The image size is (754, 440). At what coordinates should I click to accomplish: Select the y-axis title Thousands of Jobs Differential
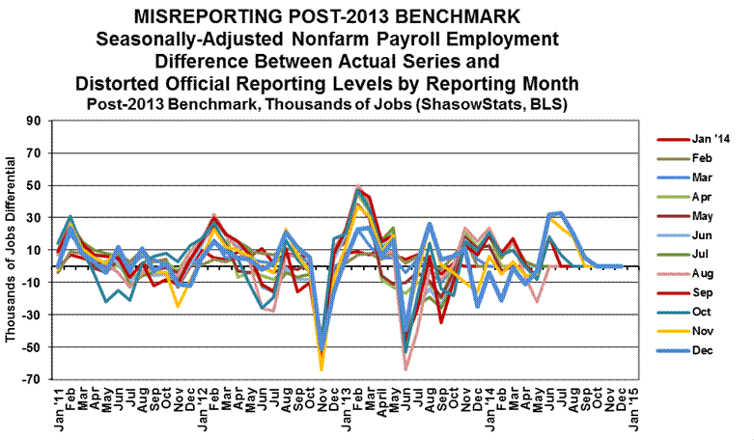tap(11, 250)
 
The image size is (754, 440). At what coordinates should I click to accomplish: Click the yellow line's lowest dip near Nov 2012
tap(321, 369)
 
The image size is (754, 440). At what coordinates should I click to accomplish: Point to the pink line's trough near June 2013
tap(405, 369)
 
